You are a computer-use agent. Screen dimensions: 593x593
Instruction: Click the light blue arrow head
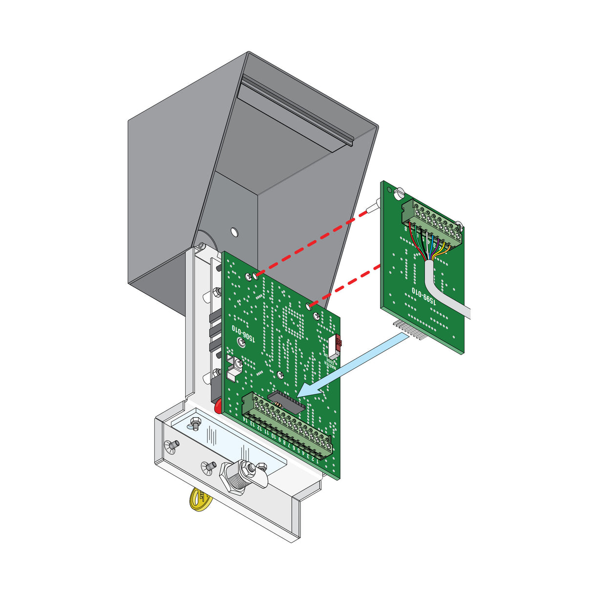click(x=309, y=389)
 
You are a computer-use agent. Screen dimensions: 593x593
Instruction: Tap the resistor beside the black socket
click(x=278, y=404)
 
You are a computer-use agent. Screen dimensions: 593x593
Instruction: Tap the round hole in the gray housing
click(x=234, y=232)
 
